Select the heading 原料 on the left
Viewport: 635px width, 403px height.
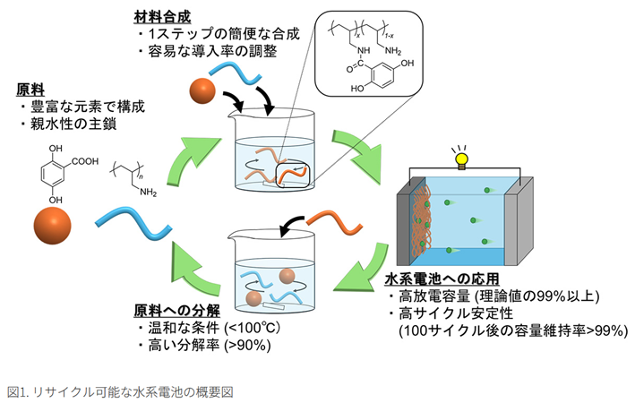tap(29, 90)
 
